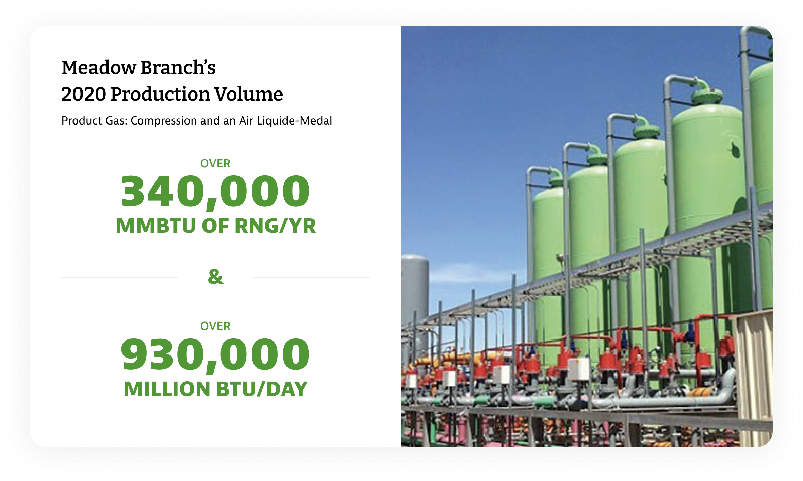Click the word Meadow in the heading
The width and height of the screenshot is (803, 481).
click(x=99, y=67)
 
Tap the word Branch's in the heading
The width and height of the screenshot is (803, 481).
click(x=178, y=67)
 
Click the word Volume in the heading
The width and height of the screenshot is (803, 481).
click(x=248, y=94)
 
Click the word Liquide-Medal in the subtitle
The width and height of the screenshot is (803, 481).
click(x=294, y=120)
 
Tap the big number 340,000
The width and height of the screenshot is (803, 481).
click(x=215, y=191)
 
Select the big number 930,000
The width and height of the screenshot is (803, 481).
click(x=215, y=354)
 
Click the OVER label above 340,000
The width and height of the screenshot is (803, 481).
click(x=215, y=164)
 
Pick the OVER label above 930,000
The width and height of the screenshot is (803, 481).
click(x=215, y=326)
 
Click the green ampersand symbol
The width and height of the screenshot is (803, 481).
click(x=215, y=277)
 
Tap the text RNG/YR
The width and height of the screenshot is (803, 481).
click(x=275, y=226)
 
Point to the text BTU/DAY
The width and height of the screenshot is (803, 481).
click(x=262, y=389)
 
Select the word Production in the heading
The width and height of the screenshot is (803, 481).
click(x=160, y=94)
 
